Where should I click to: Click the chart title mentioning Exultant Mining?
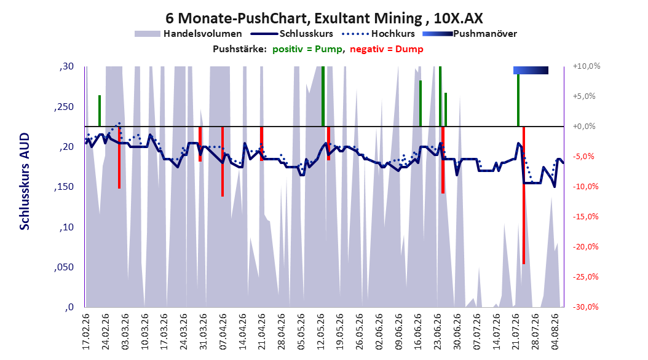pyautogui.click(x=324, y=18)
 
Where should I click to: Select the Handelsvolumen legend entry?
pyautogui.click(x=188, y=34)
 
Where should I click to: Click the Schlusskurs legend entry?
pyautogui.click(x=292, y=34)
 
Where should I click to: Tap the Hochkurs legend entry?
pyautogui.click(x=378, y=34)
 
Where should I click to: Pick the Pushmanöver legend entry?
pyautogui.click(x=470, y=34)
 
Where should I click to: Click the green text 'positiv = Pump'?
pyautogui.click(x=307, y=49)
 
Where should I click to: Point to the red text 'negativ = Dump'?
pyautogui.click(x=387, y=49)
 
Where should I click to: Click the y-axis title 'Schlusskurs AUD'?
pyautogui.click(x=25, y=182)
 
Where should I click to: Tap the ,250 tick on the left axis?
pyautogui.click(x=64, y=106)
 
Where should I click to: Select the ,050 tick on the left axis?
pyautogui.click(x=64, y=267)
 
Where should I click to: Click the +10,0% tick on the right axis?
pyautogui.click(x=587, y=66)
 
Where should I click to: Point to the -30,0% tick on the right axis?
pyautogui.click(x=585, y=307)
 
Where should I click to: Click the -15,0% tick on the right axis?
pyautogui.click(x=585, y=216)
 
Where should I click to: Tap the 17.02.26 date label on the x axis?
pyautogui.click(x=86, y=332)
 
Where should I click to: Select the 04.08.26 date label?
pyautogui.click(x=555, y=332)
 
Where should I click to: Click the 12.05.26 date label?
pyautogui.click(x=321, y=332)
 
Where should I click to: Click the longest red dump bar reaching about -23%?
pyautogui.click(x=524, y=195)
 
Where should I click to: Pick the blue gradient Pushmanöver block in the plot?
pyautogui.click(x=531, y=70)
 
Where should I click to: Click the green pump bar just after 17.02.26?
pyautogui.click(x=100, y=111)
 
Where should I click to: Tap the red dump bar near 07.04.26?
pyautogui.click(x=223, y=162)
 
